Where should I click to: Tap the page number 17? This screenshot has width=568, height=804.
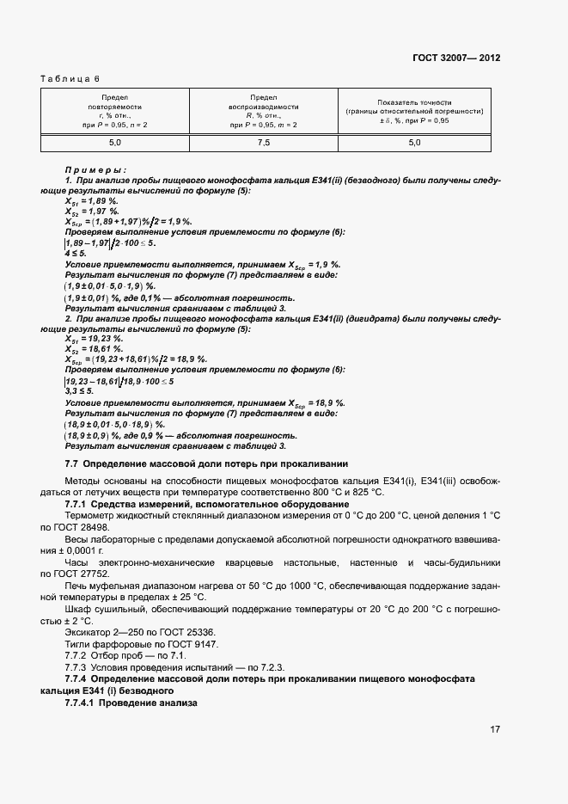495,729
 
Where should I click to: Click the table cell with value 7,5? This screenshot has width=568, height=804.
263,143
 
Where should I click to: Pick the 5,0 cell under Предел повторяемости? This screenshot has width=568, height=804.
114,143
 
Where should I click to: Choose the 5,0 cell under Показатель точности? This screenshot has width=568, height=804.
414,143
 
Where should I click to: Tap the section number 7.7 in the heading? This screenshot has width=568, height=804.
72,464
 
